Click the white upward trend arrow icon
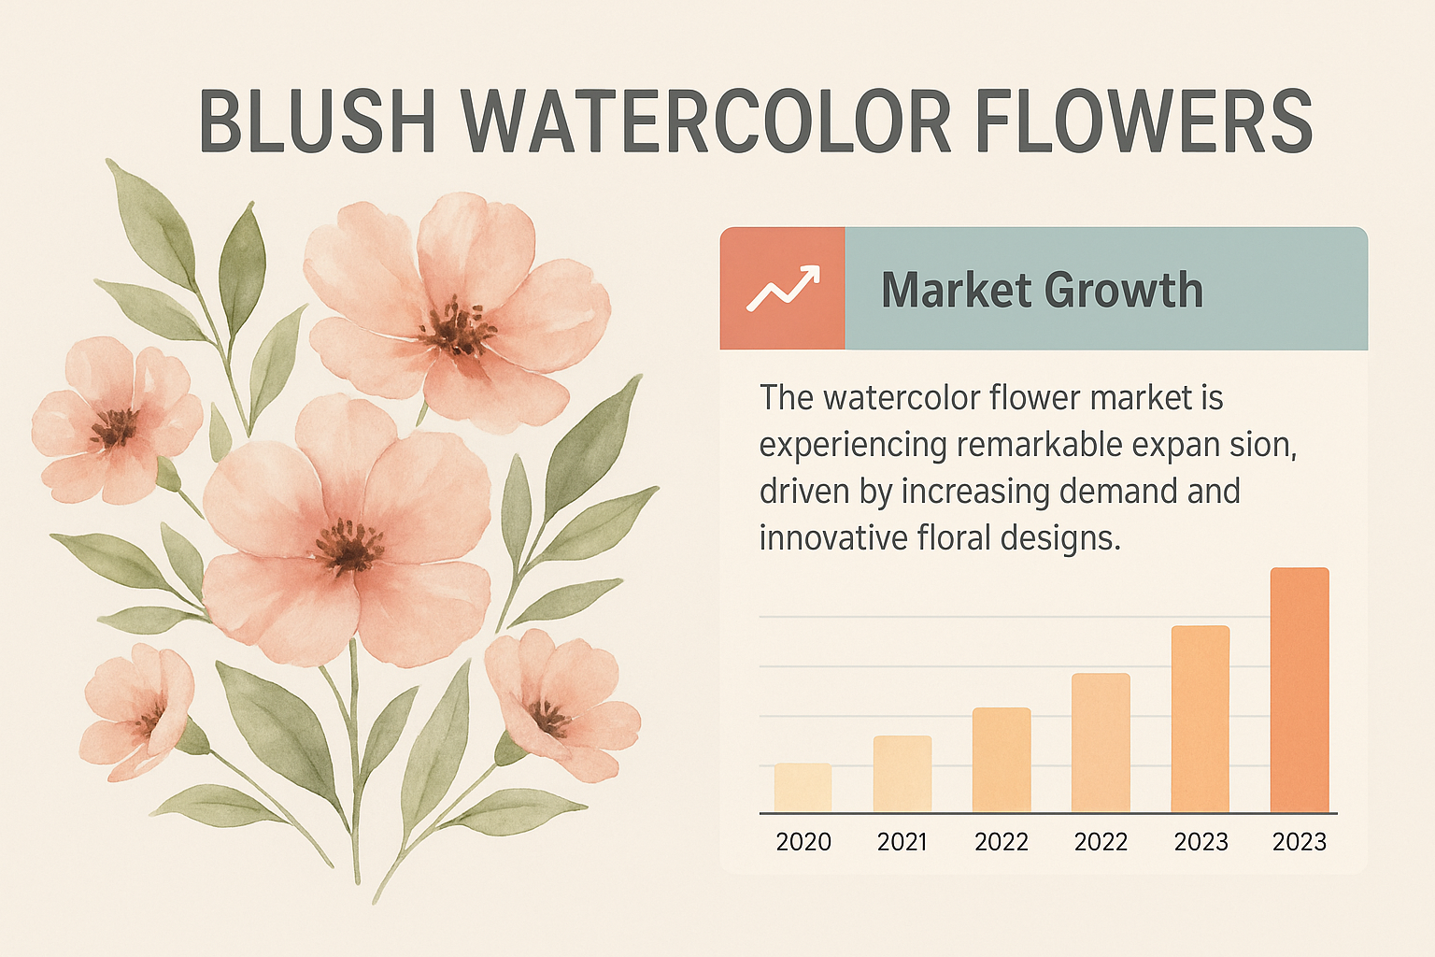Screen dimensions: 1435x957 click(x=783, y=289)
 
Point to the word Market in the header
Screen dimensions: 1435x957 click(x=957, y=290)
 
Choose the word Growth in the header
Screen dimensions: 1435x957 click(x=1124, y=292)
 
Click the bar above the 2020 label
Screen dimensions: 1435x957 click(x=803, y=788)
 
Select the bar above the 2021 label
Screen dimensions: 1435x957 click(x=902, y=774)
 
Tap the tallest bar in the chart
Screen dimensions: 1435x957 click(x=1300, y=690)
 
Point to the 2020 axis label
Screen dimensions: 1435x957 click(x=803, y=842)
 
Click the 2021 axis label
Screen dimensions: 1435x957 click(x=902, y=842)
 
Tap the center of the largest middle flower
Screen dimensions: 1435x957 click(x=349, y=546)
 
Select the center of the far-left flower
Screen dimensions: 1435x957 click(x=115, y=425)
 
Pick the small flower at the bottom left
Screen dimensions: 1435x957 click(x=136, y=711)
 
